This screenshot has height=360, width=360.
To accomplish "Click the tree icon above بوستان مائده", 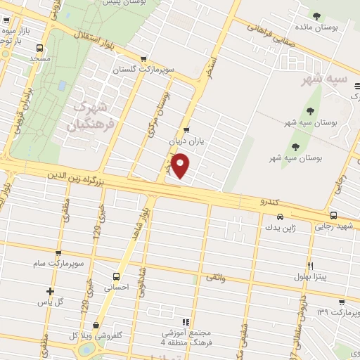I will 316,16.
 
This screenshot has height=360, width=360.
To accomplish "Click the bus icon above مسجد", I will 39,49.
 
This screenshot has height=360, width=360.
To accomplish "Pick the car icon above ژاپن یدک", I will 280,217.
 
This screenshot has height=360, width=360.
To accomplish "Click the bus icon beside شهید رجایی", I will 333,215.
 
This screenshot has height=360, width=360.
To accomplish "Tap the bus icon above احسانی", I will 116,276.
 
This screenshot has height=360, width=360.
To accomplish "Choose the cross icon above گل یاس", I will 50,291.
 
